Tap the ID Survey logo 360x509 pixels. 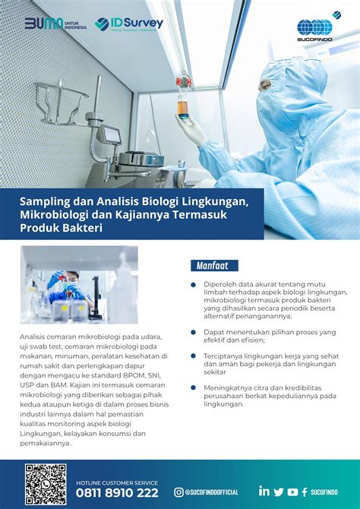[x=129, y=24]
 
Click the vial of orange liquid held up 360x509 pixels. [x=183, y=103]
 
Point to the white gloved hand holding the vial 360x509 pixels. [x=190, y=129]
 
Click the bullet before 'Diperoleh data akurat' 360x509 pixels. [x=194, y=285]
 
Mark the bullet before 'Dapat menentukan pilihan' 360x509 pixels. [x=194, y=332]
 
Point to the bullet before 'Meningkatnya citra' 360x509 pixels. [x=194, y=387]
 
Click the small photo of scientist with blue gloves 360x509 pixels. [x=79, y=284]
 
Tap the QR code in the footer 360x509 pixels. [x=46, y=484]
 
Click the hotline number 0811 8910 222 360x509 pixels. [x=117, y=493]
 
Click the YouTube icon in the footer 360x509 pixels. [x=292, y=492]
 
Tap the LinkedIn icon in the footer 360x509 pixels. [x=264, y=492]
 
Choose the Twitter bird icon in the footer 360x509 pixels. [x=279, y=492]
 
